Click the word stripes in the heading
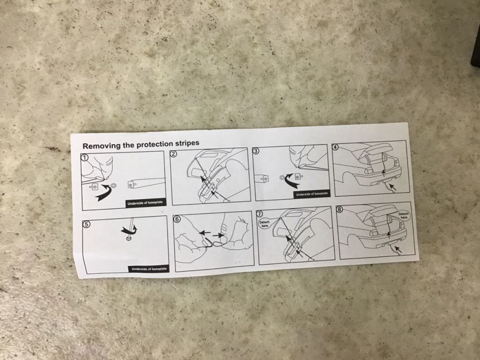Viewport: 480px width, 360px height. [x=186, y=143]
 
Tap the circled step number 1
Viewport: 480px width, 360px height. [x=84, y=157]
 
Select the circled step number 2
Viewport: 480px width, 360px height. [x=173, y=154]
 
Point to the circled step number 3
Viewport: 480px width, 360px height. [x=256, y=151]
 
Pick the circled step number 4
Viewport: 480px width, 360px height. [x=336, y=147]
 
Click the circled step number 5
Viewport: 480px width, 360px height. [x=87, y=224]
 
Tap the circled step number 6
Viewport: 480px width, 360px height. [x=177, y=219]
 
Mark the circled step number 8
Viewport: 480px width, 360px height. [x=339, y=209]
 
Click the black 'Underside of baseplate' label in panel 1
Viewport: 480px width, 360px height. [x=145, y=203]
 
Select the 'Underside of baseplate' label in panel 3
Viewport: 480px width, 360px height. [x=312, y=194]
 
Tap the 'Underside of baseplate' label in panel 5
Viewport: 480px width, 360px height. [x=149, y=269]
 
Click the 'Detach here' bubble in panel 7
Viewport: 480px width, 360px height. [x=264, y=224]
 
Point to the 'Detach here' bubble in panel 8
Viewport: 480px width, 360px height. [x=404, y=215]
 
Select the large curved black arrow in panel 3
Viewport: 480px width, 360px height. [x=290, y=181]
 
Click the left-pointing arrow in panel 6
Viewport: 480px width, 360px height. [x=204, y=233]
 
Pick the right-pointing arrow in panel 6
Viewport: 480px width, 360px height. [x=218, y=235]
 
